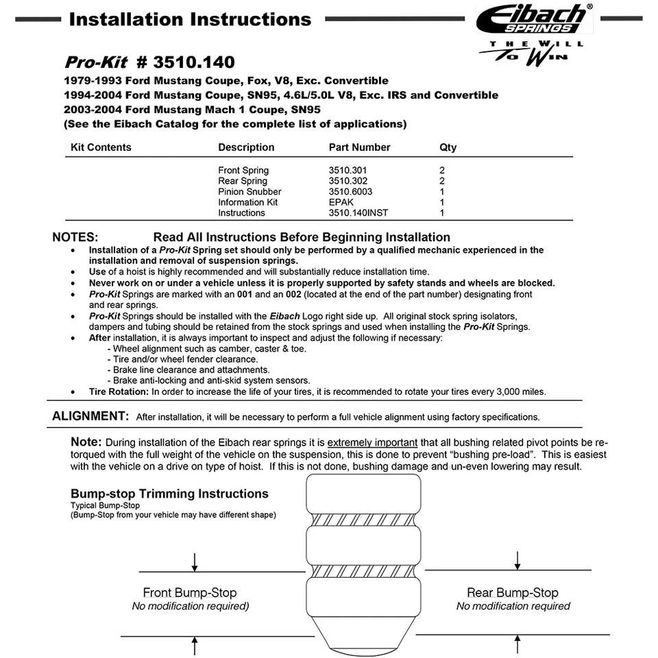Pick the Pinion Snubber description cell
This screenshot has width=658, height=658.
[249, 191]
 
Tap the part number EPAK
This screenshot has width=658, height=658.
[341, 202]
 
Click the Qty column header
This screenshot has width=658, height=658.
[448, 147]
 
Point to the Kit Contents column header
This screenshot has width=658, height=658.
[101, 147]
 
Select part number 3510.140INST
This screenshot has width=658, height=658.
[358, 212]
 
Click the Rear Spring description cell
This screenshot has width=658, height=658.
[243, 181]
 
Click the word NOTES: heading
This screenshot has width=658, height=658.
[75, 237]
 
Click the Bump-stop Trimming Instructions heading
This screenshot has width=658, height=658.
[169, 493]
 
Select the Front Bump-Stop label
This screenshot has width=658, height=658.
[190, 593]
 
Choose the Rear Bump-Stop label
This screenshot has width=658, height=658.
[513, 593]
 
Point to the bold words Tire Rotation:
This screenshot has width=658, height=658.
[119, 392]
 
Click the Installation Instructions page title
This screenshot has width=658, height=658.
[190, 19]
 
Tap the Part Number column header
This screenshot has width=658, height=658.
[359, 147]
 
